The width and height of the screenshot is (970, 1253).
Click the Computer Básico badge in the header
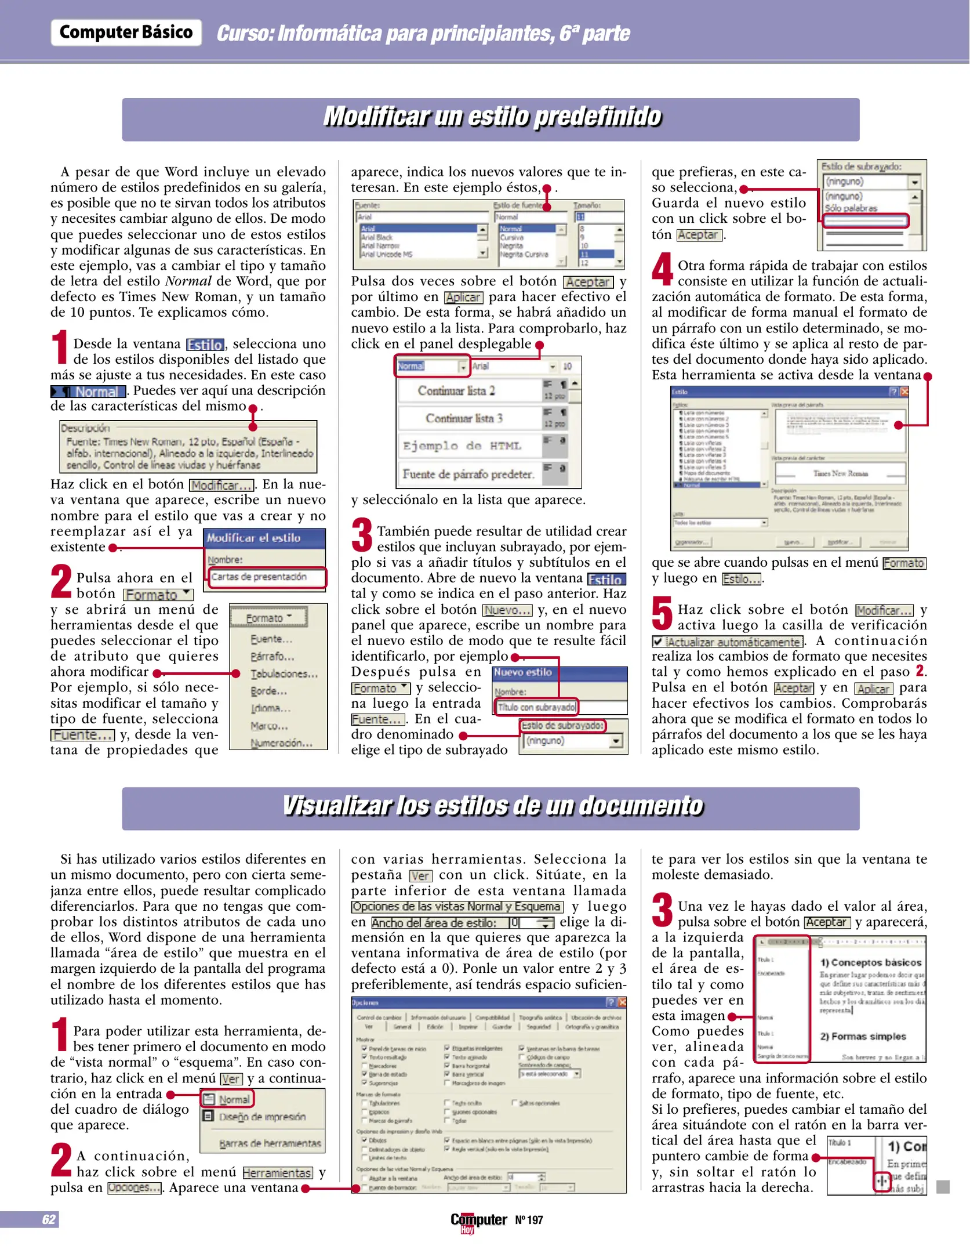point(126,32)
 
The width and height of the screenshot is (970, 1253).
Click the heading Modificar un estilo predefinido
point(492,117)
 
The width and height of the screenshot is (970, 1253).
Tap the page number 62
point(49,1219)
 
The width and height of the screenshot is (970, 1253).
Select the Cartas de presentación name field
point(266,577)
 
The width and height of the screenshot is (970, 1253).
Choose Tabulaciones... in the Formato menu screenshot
point(284,673)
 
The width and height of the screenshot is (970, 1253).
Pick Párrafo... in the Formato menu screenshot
point(272,656)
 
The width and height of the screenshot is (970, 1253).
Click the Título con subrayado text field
point(536,707)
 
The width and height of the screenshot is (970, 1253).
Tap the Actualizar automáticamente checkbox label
point(733,642)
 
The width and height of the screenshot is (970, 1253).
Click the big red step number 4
point(662,270)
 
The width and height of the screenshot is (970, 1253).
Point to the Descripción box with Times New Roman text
point(188,447)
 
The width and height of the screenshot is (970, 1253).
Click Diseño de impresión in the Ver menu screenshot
point(261,1117)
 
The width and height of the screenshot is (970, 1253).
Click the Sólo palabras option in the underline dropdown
point(851,208)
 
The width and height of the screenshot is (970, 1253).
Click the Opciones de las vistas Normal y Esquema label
point(457,906)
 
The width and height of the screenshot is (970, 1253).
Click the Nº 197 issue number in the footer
point(529,1220)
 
